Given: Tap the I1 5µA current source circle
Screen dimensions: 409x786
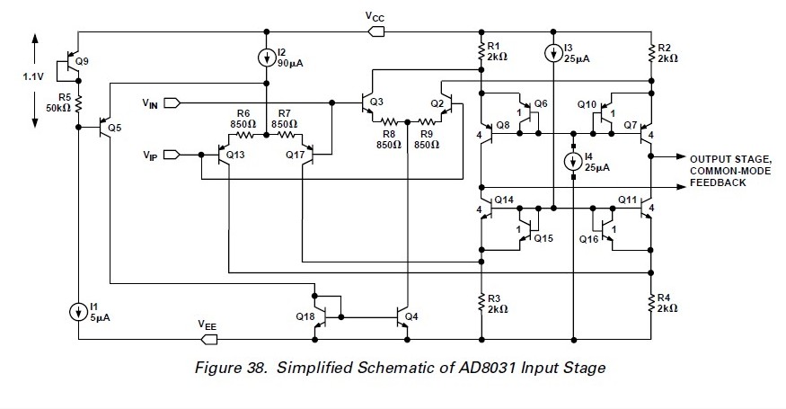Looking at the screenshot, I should (x=79, y=311).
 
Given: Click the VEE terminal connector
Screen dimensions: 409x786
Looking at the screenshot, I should (x=208, y=340).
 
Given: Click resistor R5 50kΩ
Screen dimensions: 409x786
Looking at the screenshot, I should (x=79, y=99).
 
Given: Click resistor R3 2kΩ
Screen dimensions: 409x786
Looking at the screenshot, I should (x=481, y=302).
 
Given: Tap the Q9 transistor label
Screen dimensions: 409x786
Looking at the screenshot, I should (x=83, y=61).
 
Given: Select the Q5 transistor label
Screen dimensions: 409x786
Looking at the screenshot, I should (x=114, y=127).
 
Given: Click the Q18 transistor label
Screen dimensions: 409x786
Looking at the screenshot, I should (x=305, y=316).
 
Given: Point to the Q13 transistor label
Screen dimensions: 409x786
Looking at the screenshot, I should (x=236, y=155).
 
